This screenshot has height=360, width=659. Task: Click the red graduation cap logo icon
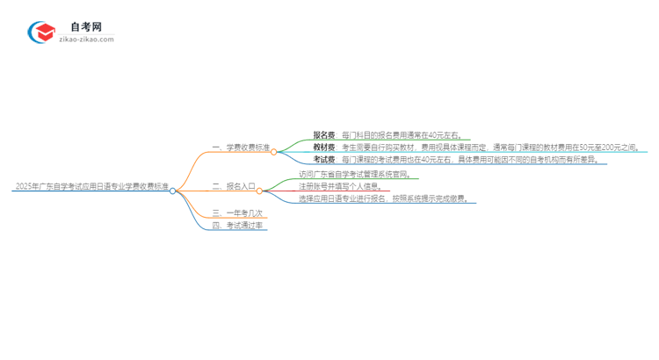(42, 32)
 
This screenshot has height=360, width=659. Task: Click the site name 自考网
(86, 27)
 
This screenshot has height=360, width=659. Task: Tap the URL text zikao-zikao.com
(86, 40)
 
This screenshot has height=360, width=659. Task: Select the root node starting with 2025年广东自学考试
(91, 187)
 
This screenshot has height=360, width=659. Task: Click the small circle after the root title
(173, 191)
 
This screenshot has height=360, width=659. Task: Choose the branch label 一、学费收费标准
(241, 148)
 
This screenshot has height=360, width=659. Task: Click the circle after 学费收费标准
(274, 152)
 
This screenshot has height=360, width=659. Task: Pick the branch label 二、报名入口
(234, 186)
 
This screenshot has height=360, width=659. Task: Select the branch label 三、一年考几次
(237, 212)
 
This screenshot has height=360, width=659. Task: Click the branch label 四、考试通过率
(239, 226)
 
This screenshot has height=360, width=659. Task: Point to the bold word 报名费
(324, 135)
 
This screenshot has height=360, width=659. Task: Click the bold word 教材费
(324, 148)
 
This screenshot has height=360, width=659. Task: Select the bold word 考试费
(324, 160)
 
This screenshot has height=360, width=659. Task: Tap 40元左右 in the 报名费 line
(444, 135)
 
